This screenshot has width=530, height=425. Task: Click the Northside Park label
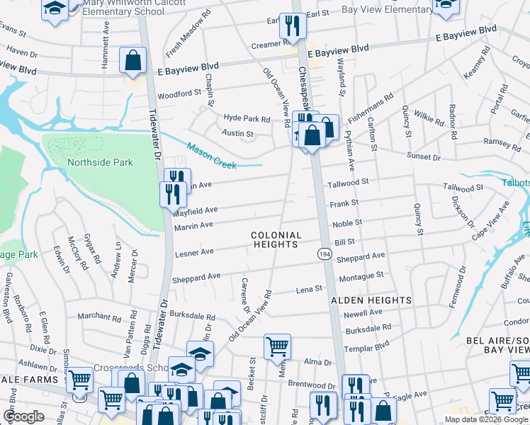(100, 162)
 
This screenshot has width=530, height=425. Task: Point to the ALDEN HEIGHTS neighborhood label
(371, 300)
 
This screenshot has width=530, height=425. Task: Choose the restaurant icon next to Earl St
(291, 27)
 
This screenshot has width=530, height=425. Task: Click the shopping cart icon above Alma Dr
(277, 347)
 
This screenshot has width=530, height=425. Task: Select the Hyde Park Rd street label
(247, 119)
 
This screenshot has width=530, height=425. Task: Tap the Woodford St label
(179, 93)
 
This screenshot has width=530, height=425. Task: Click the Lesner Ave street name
(194, 251)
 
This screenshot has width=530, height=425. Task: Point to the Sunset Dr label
(423, 155)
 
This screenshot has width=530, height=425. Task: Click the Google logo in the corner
(24, 416)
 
